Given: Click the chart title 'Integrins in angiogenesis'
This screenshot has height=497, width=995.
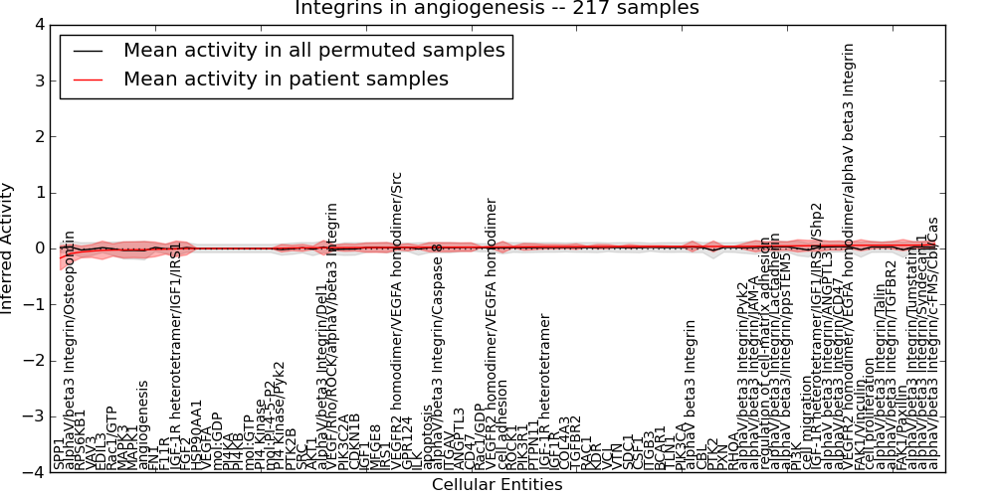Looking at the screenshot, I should pyautogui.click(x=497, y=8).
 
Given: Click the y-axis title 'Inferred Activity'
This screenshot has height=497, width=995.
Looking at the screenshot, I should pyautogui.click(x=8, y=248).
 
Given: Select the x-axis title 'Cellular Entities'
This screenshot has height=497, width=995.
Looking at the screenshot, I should pyautogui.click(x=497, y=485).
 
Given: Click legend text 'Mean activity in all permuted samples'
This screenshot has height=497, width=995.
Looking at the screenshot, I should pyautogui.click(x=313, y=50).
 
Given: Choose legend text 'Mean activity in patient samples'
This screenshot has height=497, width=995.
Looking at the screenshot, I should pyautogui.click(x=286, y=79).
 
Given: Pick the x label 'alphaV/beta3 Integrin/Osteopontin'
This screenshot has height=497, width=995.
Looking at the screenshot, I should pyautogui.click(x=70, y=349).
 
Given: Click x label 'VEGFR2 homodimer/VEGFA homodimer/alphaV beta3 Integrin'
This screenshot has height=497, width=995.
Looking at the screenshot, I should pyautogui.click(x=849, y=255).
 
